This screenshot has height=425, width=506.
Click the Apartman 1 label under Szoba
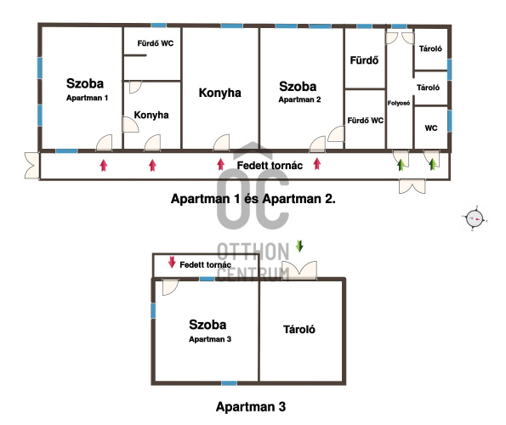point(87,98)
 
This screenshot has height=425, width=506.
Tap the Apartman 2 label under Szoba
point(299,99)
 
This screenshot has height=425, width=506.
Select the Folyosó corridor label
point(399,103)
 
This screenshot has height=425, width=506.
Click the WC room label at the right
point(431,128)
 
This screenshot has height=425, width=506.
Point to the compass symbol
point(475,218)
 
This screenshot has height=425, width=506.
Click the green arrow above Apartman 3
point(299,246)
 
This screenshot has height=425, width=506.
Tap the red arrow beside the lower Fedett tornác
point(172,262)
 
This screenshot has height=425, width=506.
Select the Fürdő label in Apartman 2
point(364,60)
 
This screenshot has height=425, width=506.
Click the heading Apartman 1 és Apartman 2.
point(253,199)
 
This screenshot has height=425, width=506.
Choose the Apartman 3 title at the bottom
point(251,406)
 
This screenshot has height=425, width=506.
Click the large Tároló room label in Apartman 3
point(299,329)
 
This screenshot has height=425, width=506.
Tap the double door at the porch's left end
point(31,166)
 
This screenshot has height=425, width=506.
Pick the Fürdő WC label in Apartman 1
point(156,43)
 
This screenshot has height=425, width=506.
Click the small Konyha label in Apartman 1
point(151,115)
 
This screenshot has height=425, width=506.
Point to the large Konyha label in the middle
point(219,93)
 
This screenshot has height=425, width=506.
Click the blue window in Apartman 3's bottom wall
point(229,383)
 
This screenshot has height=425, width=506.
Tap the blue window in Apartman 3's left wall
point(153,311)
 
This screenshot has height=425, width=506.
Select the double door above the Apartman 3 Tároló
point(299,270)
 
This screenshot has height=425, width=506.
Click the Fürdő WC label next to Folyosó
point(366,121)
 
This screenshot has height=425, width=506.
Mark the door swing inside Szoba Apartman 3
point(170,287)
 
